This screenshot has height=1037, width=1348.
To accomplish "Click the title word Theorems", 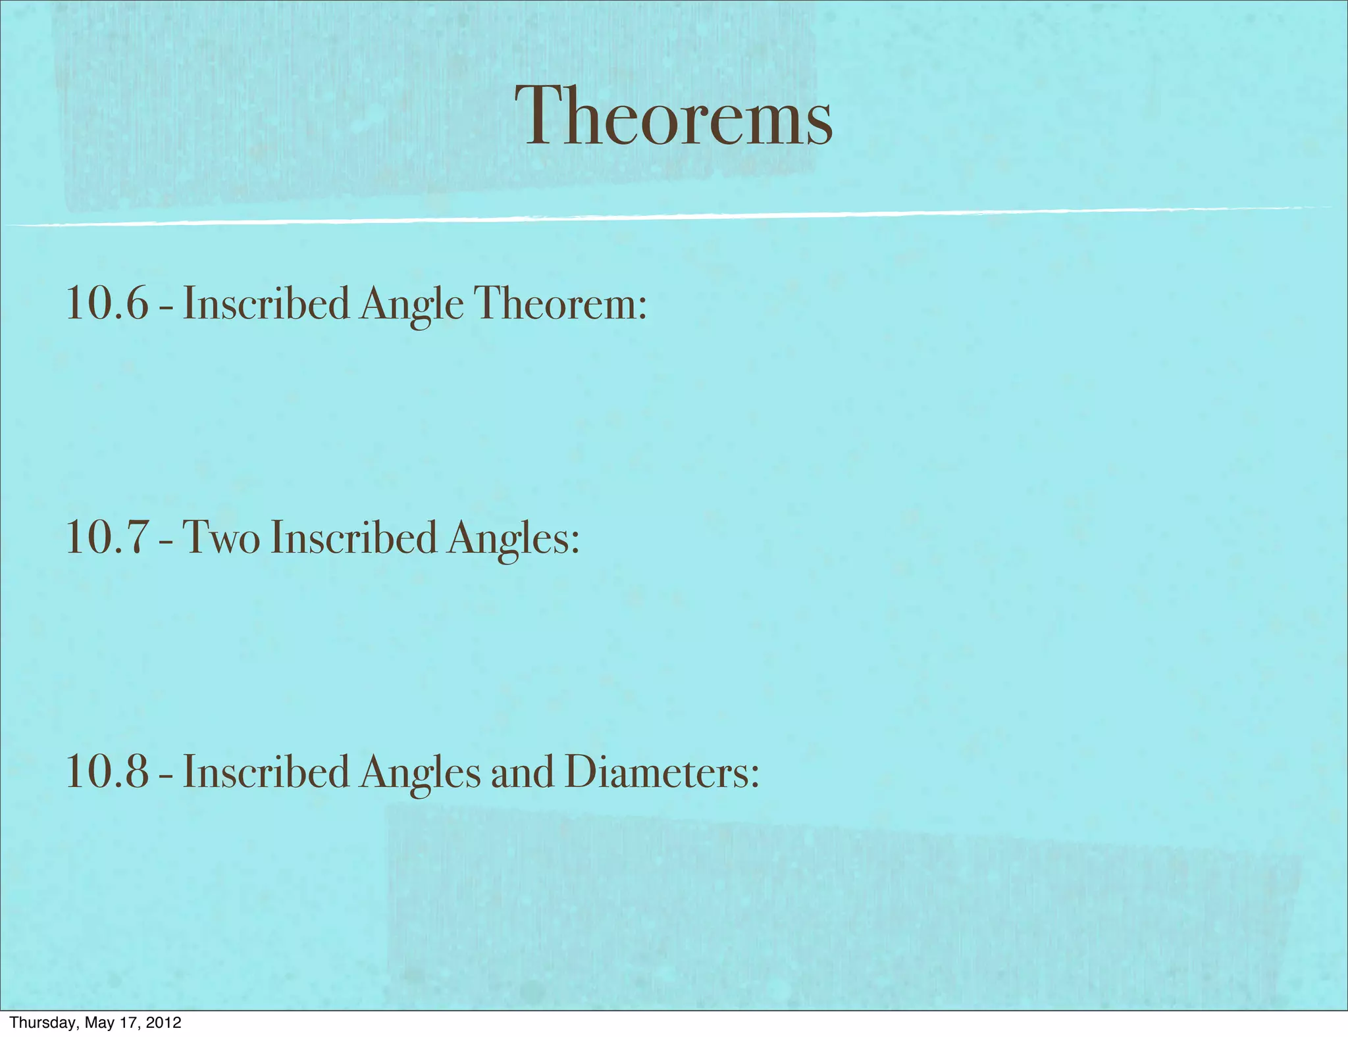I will tap(673, 117).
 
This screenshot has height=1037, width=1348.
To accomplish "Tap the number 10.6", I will tap(107, 304).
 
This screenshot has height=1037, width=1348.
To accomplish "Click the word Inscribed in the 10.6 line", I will tap(266, 304).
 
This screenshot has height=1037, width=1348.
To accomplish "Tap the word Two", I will tap(220, 538).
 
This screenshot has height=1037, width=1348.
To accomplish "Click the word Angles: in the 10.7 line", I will tap(513, 539).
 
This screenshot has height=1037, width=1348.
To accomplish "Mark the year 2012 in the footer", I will tap(163, 1023).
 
